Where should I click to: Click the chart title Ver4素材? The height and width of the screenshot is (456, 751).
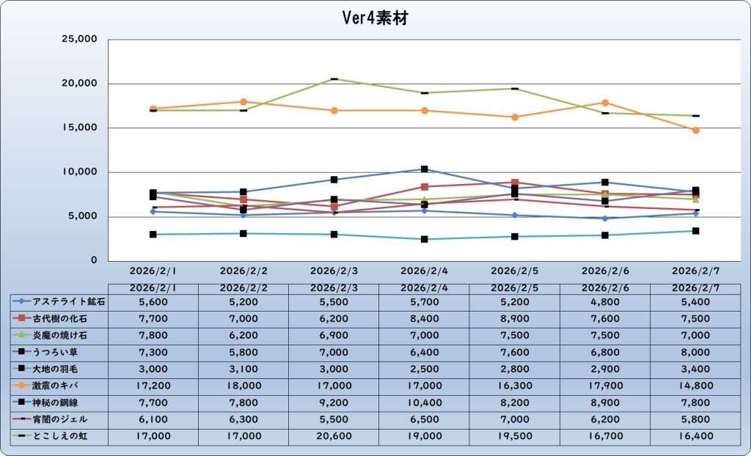(x=375, y=18)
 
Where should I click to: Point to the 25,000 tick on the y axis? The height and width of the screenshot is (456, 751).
(x=78, y=40)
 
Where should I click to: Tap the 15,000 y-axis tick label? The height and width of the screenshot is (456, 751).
(x=78, y=128)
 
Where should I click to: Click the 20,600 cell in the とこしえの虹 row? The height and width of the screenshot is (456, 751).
(x=334, y=437)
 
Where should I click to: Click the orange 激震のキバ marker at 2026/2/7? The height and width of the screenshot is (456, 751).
(x=696, y=130)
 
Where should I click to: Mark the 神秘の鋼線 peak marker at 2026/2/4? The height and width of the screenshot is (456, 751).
(x=425, y=169)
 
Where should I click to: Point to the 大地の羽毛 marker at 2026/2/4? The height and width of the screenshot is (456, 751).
(x=425, y=239)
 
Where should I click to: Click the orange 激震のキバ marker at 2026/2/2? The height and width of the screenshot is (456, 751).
(x=243, y=102)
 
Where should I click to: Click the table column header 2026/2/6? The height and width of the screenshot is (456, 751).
(x=605, y=287)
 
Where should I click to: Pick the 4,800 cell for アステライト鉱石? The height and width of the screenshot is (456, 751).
(x=605, y=301)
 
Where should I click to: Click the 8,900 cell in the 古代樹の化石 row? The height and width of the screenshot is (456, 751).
(x=514, y=318)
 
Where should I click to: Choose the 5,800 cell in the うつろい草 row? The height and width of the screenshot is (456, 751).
(x=243, y=352)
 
